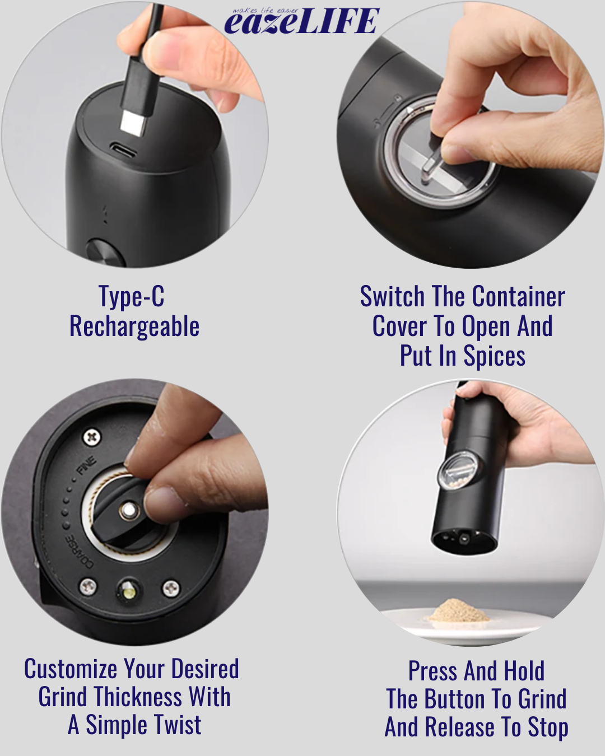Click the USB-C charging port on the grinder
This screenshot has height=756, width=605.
coord(122,150)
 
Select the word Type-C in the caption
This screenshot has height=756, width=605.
coord(132,297)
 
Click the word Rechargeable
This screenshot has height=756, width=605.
coord(134,326)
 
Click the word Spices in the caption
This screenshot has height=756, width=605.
coord(494,357)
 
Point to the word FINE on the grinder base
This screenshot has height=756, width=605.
coord(86,465)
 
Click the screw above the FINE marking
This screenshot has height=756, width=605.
coord(92,437)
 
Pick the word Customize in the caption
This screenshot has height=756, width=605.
coord(71,669)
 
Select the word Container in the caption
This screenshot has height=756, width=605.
coord(519,297)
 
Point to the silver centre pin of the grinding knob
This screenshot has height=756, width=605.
coord(129,509)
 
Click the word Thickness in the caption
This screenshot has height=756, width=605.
coord(138,697)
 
